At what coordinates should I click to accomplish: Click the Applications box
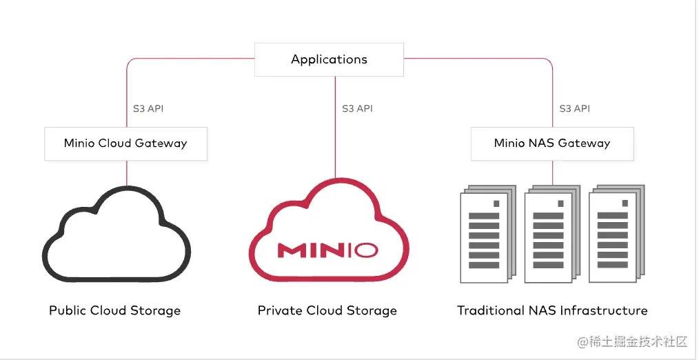(329, 59)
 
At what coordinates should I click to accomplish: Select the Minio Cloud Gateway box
(125, 143)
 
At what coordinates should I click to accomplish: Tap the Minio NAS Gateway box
(552, 143)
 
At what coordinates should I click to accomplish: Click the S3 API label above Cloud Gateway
(148, 108)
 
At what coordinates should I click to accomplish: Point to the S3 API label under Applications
(358, 108)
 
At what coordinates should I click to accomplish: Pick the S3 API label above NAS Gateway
(575, 108)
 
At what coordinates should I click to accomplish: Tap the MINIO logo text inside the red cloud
(328, 250)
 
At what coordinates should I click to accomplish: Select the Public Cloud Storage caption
(115, 310)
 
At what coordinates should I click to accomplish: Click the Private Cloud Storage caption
(327, 310)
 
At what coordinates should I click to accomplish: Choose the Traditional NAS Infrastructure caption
(552, 310)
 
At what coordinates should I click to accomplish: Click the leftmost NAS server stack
(487, 234)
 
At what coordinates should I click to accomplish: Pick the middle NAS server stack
(552, 234)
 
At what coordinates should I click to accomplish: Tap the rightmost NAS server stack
(616, 234)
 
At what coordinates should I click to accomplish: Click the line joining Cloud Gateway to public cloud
(127, 173)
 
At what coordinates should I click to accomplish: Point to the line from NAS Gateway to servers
(553, 172)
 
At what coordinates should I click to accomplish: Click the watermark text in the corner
(632, 342)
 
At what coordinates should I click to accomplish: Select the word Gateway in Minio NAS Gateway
(584, 143)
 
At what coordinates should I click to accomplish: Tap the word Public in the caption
(68, 310)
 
